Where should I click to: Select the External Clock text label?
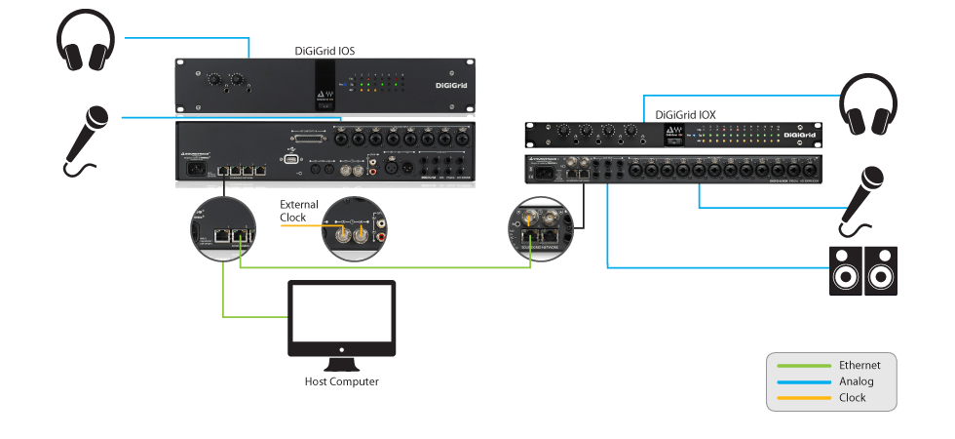tap(298, 211)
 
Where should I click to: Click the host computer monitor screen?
tap(341, 314)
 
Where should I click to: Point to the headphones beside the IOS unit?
tap(86, 40)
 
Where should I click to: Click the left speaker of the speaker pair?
tap(845, 270)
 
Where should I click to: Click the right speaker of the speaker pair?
tap(881, 270)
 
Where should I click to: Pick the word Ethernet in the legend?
tap(859, 365)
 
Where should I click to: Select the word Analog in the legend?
tap(856, 381)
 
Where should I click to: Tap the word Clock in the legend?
tap(853, 398)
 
